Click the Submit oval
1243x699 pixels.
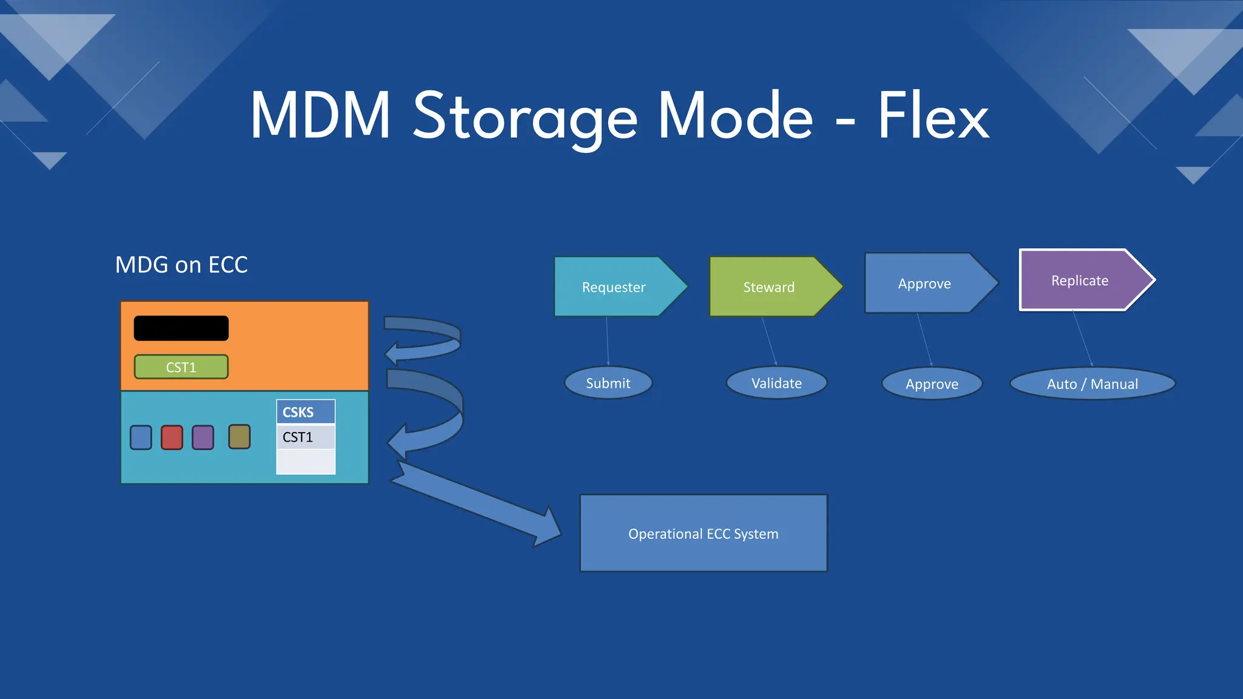608,383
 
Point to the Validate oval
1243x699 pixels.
776,383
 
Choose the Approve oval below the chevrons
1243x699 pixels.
932,383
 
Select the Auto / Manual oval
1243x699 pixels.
1092,383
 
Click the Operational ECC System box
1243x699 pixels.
703,533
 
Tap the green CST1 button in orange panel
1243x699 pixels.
181,367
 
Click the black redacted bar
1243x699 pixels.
181,328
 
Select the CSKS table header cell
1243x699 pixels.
305,412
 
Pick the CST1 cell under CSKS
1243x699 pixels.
305,437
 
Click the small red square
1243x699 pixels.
172,437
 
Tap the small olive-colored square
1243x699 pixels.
239,437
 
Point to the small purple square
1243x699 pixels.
203,437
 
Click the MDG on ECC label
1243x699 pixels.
181,265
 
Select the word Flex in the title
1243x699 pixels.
933,116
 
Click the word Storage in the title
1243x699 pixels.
524,116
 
